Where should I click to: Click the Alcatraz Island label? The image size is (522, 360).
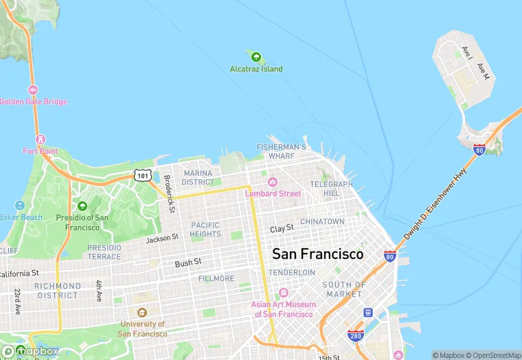(x=256, y=69)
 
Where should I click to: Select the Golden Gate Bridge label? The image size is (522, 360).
(x=33, y=102)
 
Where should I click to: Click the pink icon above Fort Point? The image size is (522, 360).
(x=40, y=139)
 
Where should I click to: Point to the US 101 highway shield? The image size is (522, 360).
(x=142, y=175)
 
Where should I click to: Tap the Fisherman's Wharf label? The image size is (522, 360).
(x=281, y=152)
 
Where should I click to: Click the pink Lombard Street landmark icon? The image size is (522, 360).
(x=273, y=182)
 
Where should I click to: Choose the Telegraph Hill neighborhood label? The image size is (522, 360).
(x=331, y=189)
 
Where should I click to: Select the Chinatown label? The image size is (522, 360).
(x=322, y=221)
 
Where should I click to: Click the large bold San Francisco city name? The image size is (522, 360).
(x=317, y=254)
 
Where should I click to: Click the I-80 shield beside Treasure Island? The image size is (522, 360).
(x=479, y=148)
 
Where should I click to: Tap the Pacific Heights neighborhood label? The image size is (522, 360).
(x=205, y=229)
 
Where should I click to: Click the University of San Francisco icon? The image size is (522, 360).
(x=142, y=313)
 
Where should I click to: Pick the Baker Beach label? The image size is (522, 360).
(x=20, y=217)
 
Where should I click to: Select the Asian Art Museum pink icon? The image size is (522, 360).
(x=283, y=294)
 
